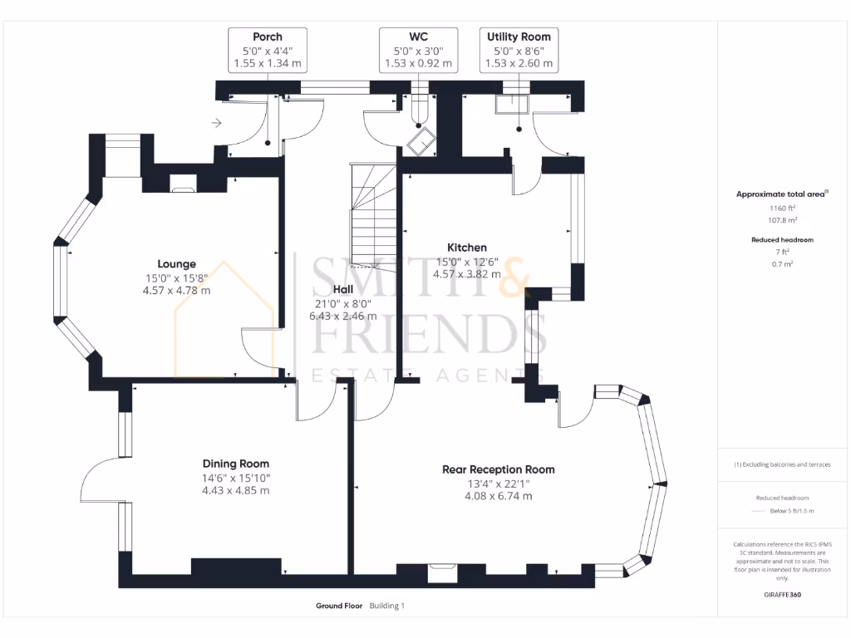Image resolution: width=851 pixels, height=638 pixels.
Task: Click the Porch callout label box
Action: pyautogui.click(x=268, y=50)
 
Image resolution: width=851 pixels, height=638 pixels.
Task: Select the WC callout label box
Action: pyautogui.click(x=418, y=50)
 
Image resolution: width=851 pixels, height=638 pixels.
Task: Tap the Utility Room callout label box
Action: pyautogui.click(x=519, y=50)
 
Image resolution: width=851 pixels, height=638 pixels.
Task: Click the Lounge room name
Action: pyautogui.click(x=176, y=265)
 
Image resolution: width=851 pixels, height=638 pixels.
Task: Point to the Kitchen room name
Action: pyautogui.click(x=467, y=248)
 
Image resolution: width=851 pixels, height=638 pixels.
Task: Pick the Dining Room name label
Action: pyautogui.click(x=236, y=464)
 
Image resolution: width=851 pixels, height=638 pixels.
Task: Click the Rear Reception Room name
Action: pyautogui.click(x=498, y=469)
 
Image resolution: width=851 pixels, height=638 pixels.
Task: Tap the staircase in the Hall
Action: pyautogui.click(x=373, y=220)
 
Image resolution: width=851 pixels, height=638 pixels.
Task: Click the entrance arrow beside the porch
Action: pyautogui.click(x=217, y=124)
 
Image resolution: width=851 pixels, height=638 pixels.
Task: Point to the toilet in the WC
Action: pyautogui.click(x=421, y=140)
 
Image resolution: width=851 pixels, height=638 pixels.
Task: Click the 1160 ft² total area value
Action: pyautogui.click(x=781, y=209)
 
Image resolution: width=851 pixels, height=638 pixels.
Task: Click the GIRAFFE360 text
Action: pyautogui.click(x=781, y=595)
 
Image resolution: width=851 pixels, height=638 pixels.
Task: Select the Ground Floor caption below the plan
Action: pyautogui.click(x=339, y=606)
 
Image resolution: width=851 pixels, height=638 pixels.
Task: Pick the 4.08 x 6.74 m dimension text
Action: pyautogui.click(x=498, y=496)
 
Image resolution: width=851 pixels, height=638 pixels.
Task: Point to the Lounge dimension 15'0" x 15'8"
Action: pyautogui.click(x=176, y=279)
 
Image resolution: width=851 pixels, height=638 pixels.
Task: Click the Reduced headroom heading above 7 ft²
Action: pyautogui.click(x=781, y=239)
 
